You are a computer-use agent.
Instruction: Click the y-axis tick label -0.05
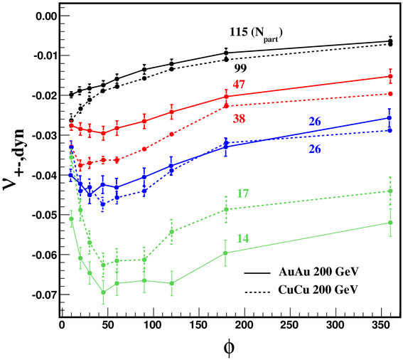coord(43,215)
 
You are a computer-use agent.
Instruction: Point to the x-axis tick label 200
coord(245,325)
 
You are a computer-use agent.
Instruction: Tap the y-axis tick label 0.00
coord(45,16)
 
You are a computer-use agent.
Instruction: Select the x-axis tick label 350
coord(381,325)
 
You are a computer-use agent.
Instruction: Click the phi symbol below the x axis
coord(229,347)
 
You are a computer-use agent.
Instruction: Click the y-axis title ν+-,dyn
coord(14,160)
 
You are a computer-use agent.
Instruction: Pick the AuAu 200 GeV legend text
coord(318,272)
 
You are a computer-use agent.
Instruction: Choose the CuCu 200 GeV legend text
coord(318,290)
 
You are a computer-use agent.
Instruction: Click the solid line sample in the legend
coord(257,272)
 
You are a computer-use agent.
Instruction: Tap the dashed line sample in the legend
coord(257,292)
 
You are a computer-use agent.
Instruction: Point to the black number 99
coord(240,68)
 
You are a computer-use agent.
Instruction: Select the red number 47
coord(239,85)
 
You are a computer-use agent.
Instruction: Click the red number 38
coord(239,119)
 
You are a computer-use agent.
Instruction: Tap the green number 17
coord(242,194)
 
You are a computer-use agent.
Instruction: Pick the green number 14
coord(243,238)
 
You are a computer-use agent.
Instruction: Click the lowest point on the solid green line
coord(103,292)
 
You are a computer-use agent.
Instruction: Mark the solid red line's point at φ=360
coord(390,76)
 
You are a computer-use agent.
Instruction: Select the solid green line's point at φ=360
coord(390,223)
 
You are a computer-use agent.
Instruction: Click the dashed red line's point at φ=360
coord(390,94)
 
